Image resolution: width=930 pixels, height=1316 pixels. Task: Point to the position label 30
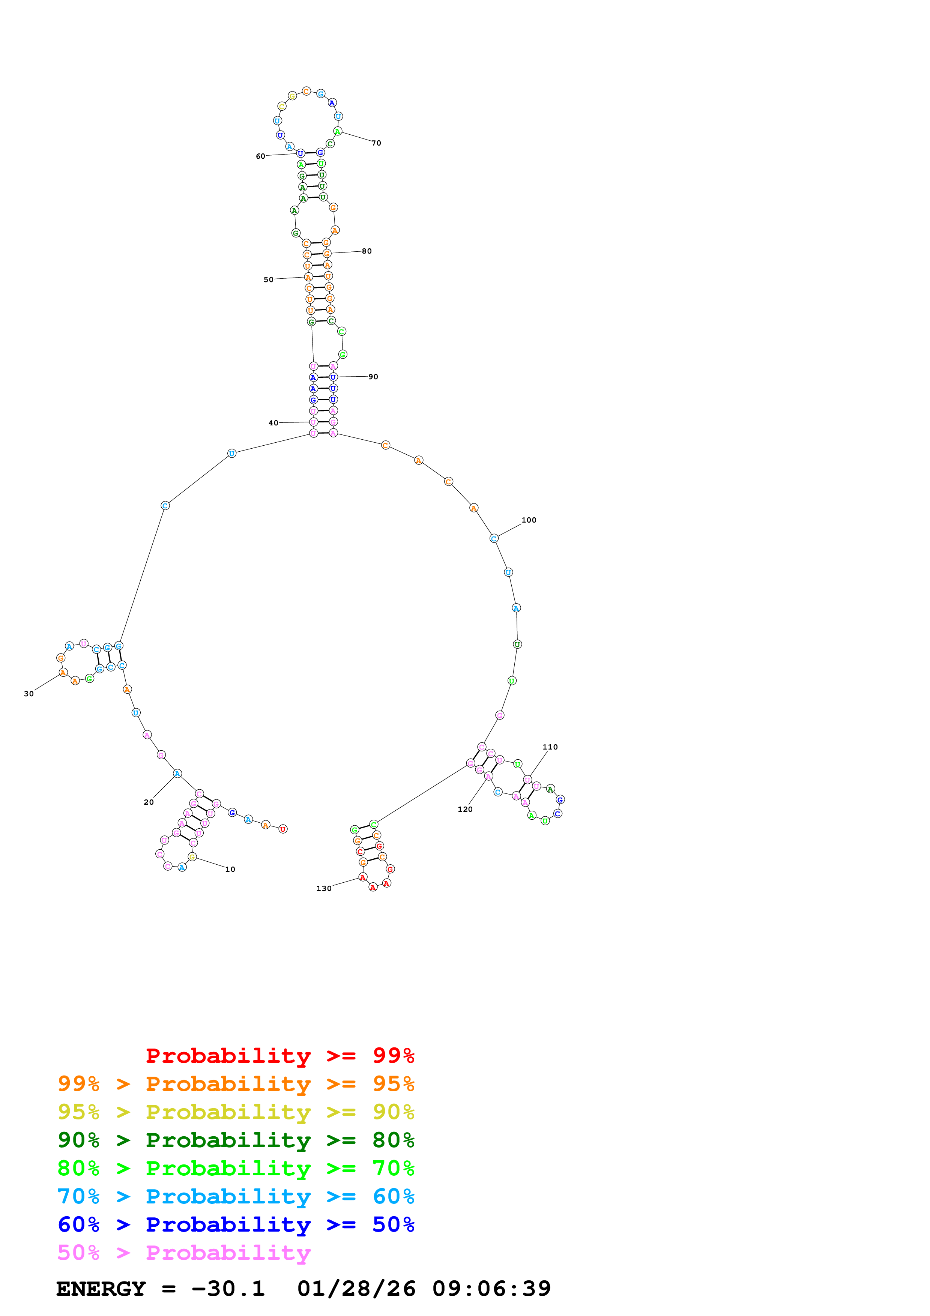[29, 694]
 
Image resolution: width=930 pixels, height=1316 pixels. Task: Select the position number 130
[324, 888]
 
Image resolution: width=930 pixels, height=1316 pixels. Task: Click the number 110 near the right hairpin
[550, 747]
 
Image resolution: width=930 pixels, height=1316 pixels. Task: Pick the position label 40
[273, 423]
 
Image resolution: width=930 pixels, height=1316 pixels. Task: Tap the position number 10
[230, 869]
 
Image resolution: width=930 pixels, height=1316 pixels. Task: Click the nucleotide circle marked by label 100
[494, 538]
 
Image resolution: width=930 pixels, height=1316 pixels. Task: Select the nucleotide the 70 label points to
[338, 132]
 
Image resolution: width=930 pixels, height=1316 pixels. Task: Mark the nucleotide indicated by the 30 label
[63, 672]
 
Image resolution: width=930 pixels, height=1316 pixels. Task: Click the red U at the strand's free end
[282, 829]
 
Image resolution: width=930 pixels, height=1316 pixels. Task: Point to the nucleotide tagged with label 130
[362, 877]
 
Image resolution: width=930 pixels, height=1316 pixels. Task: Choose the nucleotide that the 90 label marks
[333, 377]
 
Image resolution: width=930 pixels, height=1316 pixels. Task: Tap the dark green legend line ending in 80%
[236, 1140]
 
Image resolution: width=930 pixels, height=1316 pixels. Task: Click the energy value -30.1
[228, 1289]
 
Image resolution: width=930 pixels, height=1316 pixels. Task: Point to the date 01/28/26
[356, 1289]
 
